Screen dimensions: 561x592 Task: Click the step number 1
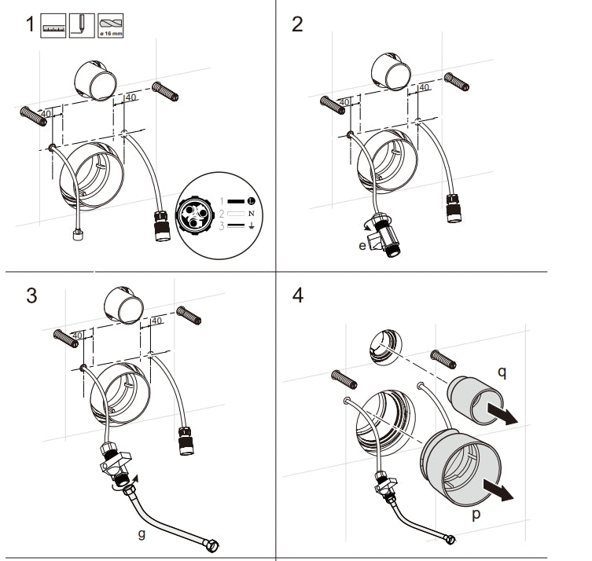29,24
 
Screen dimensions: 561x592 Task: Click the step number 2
296,24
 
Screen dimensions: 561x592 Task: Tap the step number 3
31,296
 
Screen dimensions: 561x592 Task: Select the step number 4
297,296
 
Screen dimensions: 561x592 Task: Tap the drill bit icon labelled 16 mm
110,24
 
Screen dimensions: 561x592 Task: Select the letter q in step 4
502,373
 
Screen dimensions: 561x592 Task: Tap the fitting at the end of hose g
213,542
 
